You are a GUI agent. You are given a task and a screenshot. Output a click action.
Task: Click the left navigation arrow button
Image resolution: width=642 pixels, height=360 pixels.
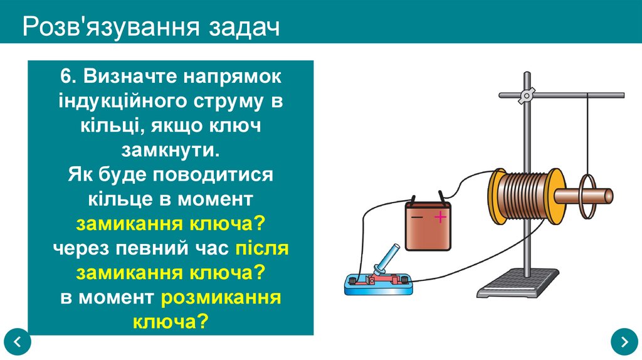[17, 342]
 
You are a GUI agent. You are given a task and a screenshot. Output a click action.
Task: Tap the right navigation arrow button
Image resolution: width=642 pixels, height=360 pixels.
[624, 342]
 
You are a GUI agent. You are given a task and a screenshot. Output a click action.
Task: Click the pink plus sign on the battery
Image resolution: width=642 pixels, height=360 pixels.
[440, 218]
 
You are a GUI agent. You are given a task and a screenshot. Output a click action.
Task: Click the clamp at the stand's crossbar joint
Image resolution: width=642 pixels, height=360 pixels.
[526, 95]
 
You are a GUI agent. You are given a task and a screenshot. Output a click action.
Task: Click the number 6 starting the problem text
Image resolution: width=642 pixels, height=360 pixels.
[66, 78]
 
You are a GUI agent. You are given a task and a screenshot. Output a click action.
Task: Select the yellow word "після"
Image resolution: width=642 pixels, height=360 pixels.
[262, 248]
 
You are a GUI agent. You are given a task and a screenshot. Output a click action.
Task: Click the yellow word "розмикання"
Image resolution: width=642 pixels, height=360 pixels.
[221, 297]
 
